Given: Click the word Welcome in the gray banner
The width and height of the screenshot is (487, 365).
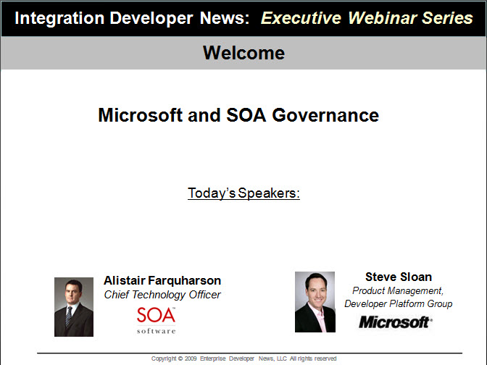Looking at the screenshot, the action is pyautogui.click(x=243, y=53).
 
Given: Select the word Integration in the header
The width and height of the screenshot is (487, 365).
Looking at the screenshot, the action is pyautogui.click(x=59, y=19).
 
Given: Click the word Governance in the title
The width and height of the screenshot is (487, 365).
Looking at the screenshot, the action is pyautogui.click(x=325, y=115).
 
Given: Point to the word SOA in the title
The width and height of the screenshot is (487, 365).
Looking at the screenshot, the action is pyautogui.click(x=246, y=115).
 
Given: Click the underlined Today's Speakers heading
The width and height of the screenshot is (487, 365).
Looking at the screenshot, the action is pyautogui.click(x=243, y=193).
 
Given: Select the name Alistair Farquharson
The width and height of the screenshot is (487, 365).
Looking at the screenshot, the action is pyautogui.click(x=162, y=280).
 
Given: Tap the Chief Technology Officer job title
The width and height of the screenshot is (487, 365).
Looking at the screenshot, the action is pyautogui.click(x=162, y=295).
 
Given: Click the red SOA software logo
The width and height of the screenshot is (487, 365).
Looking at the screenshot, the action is pyautogui.click(x=157, y=320).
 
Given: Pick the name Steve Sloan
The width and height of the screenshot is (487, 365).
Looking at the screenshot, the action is pyautogui.click(x=399, y=277).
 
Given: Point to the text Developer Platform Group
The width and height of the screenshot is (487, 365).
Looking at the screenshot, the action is pyautogui.click(x=398, y=303).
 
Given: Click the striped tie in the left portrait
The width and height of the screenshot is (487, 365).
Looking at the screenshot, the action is pyautogui.click(x=69, y=316).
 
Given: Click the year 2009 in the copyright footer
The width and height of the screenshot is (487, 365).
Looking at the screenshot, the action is pyautogui.click(x=191, y=358).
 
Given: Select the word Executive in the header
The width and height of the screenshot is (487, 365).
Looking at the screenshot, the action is pyautogui.click(x=301, y=18).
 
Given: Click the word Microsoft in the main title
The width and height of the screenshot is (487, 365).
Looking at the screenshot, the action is pyautogui.click(x=140, y=115).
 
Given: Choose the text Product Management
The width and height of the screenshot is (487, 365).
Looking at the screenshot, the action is pyautogui.click(x=398, y=290).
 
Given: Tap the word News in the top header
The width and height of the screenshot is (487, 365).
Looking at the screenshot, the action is pyautogui.click(x=225, y=18).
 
